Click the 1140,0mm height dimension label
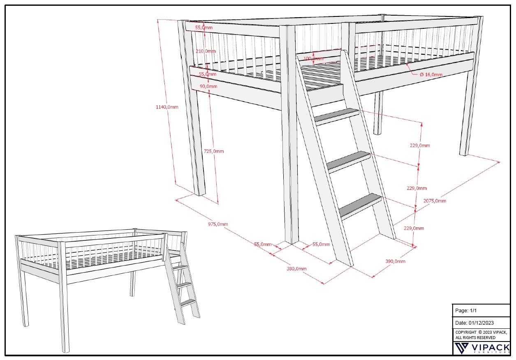167,107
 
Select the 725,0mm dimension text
214,151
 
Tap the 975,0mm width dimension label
218,224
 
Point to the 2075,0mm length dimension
435,201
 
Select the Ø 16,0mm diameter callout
431,74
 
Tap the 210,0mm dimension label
206,51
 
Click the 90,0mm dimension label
208,86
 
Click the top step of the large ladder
336,116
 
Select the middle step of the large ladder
349,161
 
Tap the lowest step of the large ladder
361,205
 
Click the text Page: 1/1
466,311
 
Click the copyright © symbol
480,332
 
